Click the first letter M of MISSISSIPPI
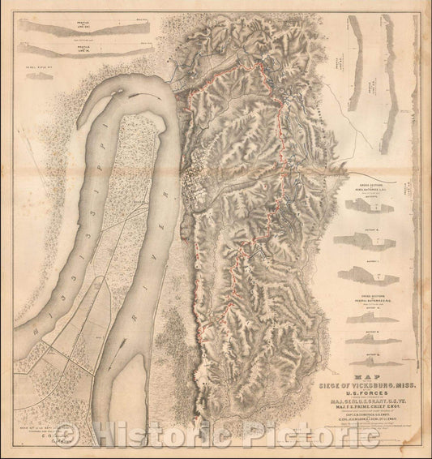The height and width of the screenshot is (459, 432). (24, 333)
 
